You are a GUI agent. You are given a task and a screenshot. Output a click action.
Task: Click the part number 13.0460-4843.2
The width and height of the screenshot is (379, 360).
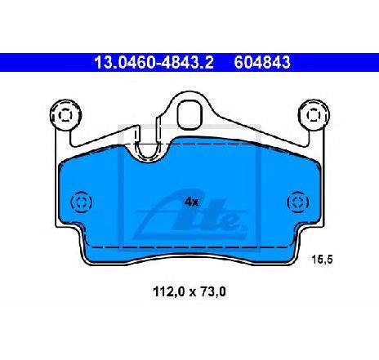154,63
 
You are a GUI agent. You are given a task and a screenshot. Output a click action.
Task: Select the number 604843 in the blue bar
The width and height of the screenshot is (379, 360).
262,63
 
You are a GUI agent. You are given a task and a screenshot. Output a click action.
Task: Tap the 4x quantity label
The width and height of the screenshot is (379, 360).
192,202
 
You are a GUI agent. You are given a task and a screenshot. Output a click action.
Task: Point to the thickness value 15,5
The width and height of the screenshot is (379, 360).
322,260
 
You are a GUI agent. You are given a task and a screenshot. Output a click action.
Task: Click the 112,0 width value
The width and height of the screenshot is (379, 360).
169,292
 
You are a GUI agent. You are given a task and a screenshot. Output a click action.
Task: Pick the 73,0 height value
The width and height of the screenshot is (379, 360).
213,292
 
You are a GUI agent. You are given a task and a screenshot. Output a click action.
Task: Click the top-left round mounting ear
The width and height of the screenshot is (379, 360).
65,115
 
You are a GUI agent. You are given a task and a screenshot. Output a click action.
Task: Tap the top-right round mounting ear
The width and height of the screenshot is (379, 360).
314,115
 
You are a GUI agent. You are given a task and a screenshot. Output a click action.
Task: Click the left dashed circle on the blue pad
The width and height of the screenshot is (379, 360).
81,202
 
